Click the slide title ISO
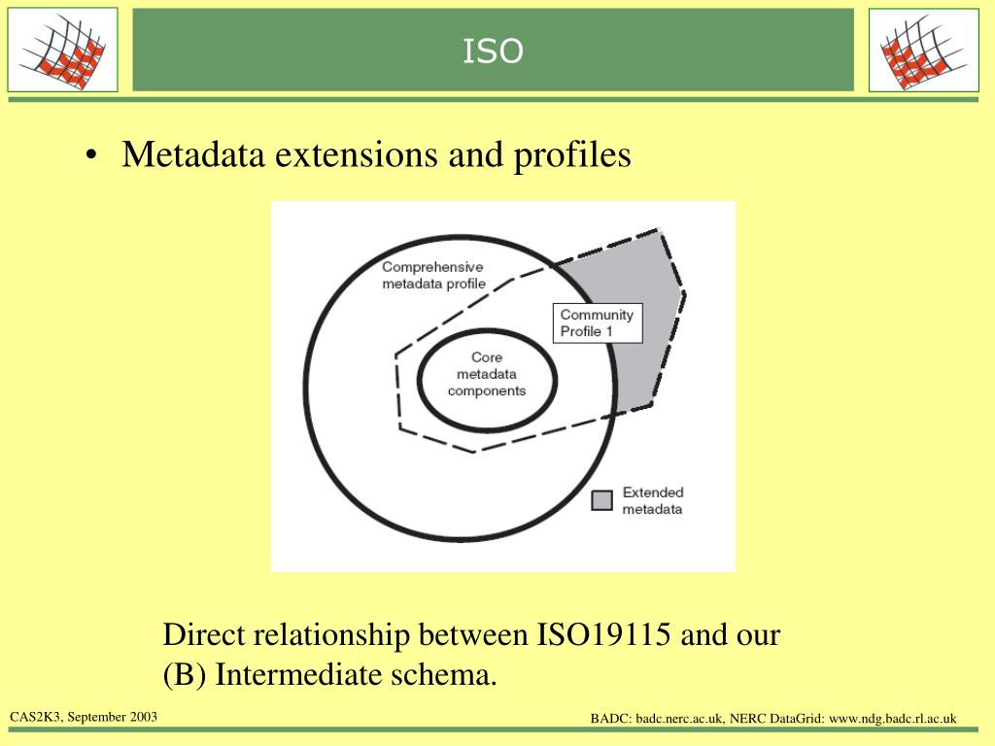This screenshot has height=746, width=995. (493, 51)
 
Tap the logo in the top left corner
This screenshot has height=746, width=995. (62, 50)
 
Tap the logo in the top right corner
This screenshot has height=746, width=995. (923, 50)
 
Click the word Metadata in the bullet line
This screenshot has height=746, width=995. (192, 154)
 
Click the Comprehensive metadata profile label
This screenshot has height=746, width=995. (432, 275)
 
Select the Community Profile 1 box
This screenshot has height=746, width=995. (598, 322)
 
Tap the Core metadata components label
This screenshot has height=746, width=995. (486, 374)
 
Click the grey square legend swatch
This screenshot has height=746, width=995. (602, 499)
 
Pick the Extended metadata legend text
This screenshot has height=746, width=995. (652, 500)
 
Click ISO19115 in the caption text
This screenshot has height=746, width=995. (603, 636)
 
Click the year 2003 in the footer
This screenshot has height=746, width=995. (141, 717)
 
